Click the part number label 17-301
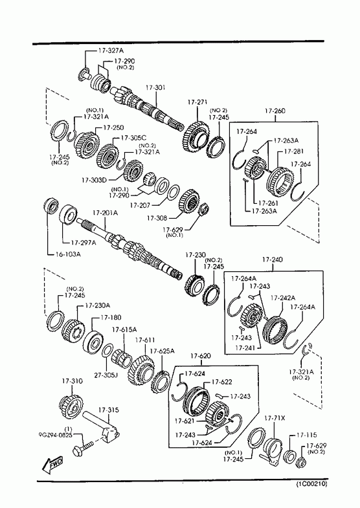tap(155, 88)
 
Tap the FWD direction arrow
tap(52, 465)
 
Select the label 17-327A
tap(111, 50)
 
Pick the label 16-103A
tap(67, 254)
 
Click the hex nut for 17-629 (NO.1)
tap(203, 209)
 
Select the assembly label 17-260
tap(275, 111)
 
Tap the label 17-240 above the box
tap(272, 260)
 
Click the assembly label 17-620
tap(201, 356)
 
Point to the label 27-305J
tap(106, 375)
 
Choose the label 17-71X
tap(275, 418)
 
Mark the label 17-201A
tap(105, 213)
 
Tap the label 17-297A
tap(84, 242)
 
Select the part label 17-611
tap(145, 340)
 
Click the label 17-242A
tap(283, 298)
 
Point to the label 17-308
tap(157, 218)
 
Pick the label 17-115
tap(307, 435)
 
